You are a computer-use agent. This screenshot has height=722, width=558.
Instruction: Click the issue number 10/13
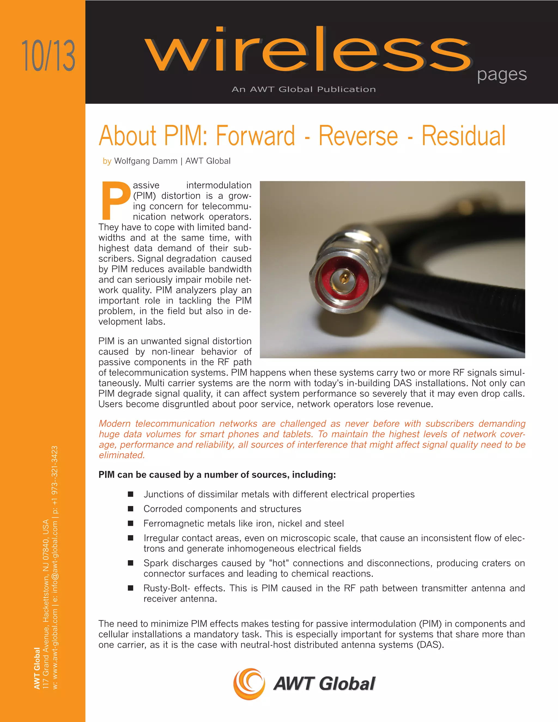pyautogui.click(x=48, y=56)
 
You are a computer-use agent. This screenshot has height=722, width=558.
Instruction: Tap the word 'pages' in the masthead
pyautogui.click(x=502, y=75)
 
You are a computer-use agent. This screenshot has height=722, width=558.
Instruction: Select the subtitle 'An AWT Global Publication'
pyautogui.click(x=304, y=89)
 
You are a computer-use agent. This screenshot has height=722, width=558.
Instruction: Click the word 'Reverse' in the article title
pyautogui.click(x=358, y=136)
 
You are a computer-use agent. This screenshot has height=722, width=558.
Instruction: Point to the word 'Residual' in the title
pyautogui.click(x=463, y=136)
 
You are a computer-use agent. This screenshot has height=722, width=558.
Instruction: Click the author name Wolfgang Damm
pyautogui.click(x=146, y=161)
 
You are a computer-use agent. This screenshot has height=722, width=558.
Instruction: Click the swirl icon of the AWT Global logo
pyautogui.click(x=249, y=684)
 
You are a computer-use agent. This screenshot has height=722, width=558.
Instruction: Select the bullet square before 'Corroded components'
pyautogui.click(x=131, y=509)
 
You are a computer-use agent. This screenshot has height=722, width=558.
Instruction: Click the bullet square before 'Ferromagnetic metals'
pyautogui.click(x=131, y=523)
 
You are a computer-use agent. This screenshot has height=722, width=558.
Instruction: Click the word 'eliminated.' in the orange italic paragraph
pyautogui.click(x=122, y=455)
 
